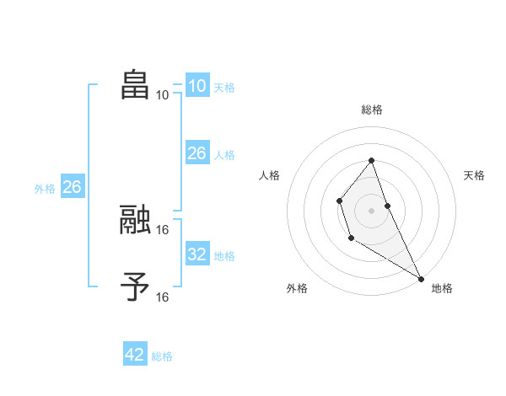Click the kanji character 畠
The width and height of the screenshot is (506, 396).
135,85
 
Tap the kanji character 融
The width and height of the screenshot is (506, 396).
135,219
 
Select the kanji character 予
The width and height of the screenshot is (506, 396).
135,286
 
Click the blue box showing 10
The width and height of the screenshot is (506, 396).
196,86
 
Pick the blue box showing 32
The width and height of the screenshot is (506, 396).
196,254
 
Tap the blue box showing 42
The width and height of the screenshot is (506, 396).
135,355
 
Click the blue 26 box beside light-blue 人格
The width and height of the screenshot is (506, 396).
196,153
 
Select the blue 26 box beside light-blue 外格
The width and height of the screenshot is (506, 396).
72,187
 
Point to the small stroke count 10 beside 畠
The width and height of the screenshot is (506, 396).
163,95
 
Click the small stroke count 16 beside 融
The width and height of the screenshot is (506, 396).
163,229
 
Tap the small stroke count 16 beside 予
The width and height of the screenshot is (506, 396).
163,297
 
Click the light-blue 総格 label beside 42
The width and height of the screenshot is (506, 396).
162,356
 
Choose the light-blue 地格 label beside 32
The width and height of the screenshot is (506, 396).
224,256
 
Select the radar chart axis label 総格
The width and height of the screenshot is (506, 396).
372,110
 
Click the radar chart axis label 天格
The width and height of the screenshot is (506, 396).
474,175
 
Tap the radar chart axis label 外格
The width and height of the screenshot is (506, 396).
297,288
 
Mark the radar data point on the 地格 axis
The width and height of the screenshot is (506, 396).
421,278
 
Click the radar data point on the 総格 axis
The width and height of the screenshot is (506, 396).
371,160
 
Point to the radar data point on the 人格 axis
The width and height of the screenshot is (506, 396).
339,201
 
